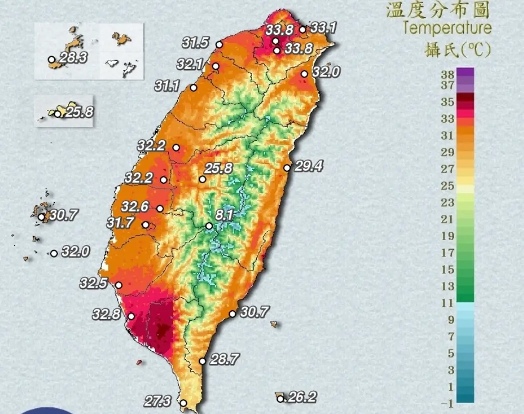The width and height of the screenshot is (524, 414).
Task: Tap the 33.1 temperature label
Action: click(x=323, y=27)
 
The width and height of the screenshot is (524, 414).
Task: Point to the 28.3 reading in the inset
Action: click(x=73, y=57)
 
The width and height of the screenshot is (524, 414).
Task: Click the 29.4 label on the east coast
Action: click(x=309, y=166)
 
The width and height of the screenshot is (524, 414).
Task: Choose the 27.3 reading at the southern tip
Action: click(x=158, y=401)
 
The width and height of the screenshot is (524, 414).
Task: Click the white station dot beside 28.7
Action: click(x=202, y=361)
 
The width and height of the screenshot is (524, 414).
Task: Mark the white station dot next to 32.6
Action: click(x=160, y=209)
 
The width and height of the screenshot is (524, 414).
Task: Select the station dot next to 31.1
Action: click(x=193, y=88)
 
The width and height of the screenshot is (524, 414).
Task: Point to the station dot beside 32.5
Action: click(x=119, y=285)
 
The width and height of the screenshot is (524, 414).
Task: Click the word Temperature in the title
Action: click(x=448, y=27)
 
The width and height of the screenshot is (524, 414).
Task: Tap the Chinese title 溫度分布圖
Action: click(x=439, y=10)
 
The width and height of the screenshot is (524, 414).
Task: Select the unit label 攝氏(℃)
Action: click(x=458, y=50)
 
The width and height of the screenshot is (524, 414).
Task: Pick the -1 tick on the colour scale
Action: click(x=447, y=403)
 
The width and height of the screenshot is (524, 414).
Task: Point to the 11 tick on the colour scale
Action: click(x=448, y=303)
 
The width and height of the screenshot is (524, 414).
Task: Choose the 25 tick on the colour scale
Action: click(x=448, y=185)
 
